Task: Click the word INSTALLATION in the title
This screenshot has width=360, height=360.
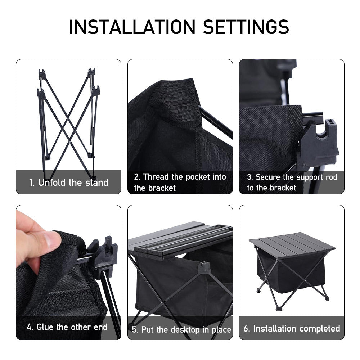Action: [x=132, y=27]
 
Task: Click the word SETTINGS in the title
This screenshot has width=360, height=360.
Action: [x=246, y=27]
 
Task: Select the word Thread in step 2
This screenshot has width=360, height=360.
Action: [x=156, y=177]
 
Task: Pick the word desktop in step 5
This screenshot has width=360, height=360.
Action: [x=185, y=330]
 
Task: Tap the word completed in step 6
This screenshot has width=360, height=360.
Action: [x=320, y=329]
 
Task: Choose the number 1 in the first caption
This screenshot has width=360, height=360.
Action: [x=31, y=183]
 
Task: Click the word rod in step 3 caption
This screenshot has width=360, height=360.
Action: [x=331, y=177]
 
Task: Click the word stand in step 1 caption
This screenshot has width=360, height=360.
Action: [x=96, y=183]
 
